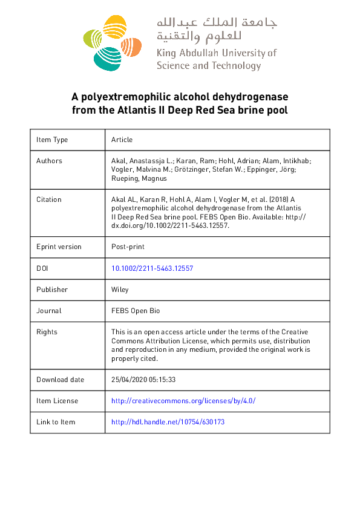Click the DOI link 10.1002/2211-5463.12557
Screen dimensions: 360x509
coord(152,268)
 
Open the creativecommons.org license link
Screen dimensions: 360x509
coord(183,401)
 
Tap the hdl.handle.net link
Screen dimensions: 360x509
coord(168,422)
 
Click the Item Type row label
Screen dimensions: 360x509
coord(52,140)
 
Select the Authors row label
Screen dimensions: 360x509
coord(49,161)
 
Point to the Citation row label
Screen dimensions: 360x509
coord(48,199)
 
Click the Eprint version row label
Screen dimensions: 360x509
coord(59,247)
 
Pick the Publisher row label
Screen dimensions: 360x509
coord(52,290)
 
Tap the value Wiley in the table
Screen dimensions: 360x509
coord(120,290)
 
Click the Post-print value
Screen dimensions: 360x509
coord(128,247)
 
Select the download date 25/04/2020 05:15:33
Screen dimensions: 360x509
coord(143,380)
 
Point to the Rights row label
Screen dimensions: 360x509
coord(47,332)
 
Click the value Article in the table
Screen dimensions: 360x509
coord(122,140)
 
